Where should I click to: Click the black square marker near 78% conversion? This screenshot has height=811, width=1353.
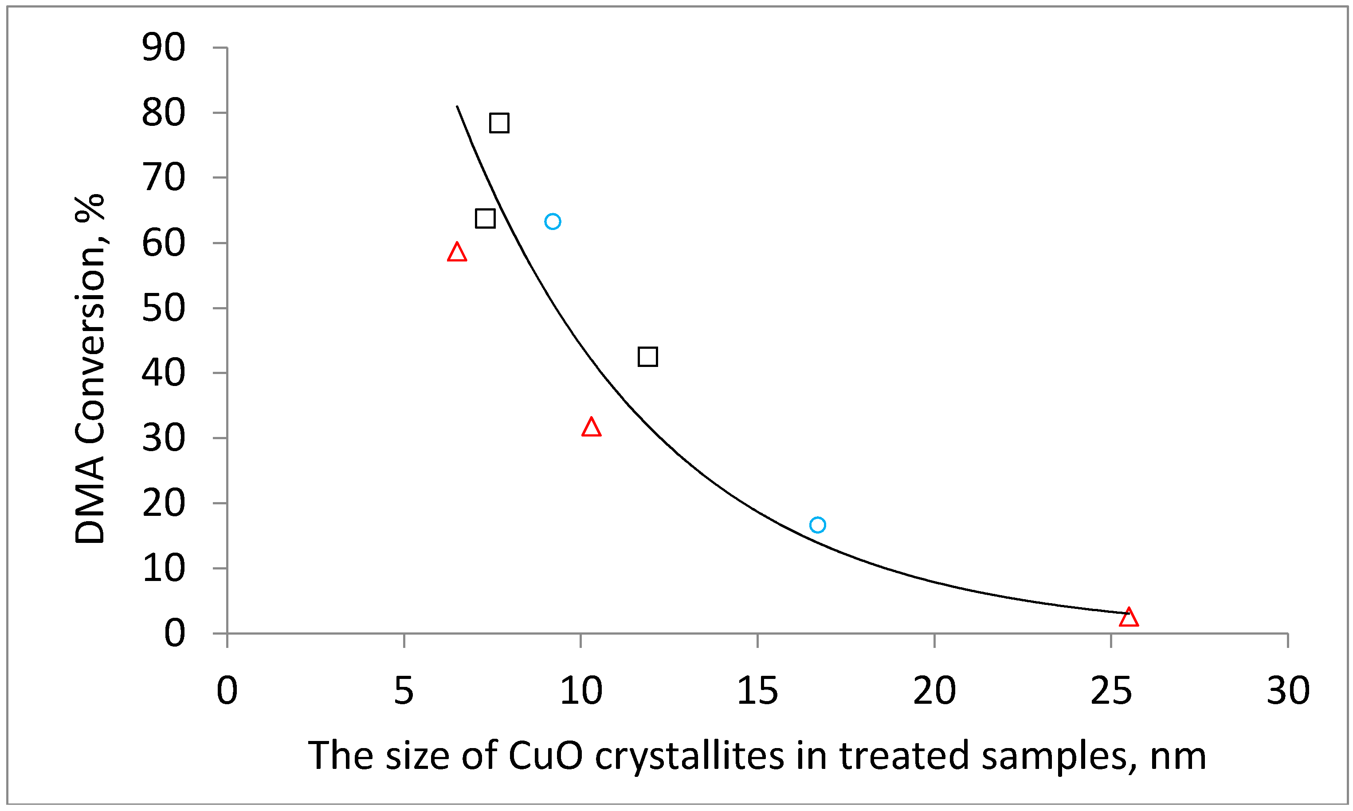(x=499, y=123)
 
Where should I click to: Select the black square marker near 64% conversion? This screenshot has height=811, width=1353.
(x=485, y=218)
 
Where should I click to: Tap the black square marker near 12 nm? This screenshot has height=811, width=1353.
(x=647, y=357)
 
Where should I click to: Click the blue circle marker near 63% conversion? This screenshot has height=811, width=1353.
(x=553, y=221)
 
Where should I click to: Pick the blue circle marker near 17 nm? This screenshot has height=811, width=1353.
(x=817, y=525)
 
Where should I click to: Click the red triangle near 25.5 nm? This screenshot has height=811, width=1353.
(x=1128, y=617)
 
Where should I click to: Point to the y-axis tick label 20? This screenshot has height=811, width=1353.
(x=164, y=503)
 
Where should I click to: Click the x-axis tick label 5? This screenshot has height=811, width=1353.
(x=404, y=691)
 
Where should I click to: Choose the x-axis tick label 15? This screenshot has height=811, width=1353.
(x=757, y=691)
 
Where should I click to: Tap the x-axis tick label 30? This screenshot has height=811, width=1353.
(x=1288, y=691)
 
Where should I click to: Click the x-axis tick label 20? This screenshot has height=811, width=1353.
(x=934, y=691)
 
